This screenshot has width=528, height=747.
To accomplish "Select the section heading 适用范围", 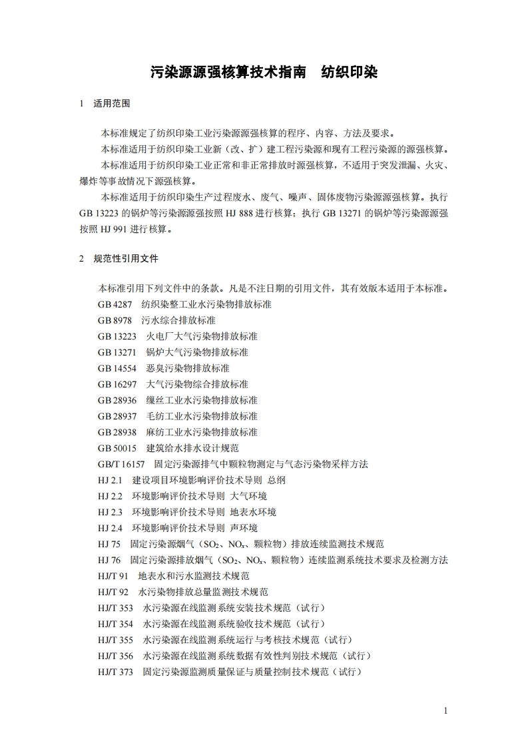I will [112, 104].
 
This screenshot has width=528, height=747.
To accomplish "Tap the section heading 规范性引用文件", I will [126, 258].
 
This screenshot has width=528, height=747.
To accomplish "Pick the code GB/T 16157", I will [121, 464].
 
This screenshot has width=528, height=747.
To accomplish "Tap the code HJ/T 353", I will [115, 608].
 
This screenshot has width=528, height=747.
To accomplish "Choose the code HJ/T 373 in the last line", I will [115, 672].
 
